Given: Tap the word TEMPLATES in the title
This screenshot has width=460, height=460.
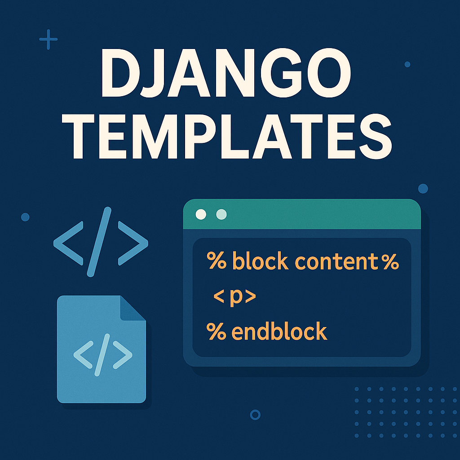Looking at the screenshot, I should click(x=230, y=134).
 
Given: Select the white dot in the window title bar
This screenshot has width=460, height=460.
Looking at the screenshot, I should click(x=201, y=214).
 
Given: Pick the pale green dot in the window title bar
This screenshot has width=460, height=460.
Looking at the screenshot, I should click(x=221, y=214).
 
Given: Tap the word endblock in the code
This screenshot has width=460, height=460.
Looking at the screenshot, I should click(x=279, y=332).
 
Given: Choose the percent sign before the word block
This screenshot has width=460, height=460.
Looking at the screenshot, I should click(x=217, y=262).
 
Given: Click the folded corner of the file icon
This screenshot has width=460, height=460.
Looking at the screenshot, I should click(x=133, y=308).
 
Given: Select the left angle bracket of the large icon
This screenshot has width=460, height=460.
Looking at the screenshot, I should click(x=67, y=242).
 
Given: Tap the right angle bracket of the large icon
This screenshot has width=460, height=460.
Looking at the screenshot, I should click(x=133, y=242).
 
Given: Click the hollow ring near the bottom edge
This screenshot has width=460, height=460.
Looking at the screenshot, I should click(x=255, y=414).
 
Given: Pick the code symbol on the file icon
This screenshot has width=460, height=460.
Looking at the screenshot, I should click(x=102, y=352).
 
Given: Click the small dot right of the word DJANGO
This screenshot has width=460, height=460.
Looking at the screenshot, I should click(x=407, y=64).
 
